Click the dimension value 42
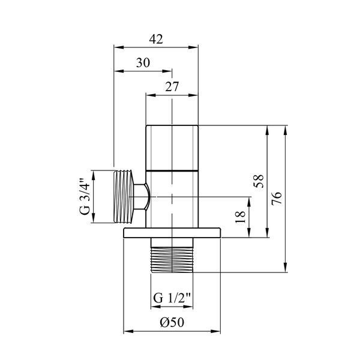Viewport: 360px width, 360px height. [x=156, y=39]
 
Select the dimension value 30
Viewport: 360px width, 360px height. [x=143, y=62]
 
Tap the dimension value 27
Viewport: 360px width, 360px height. [x=172, y=87]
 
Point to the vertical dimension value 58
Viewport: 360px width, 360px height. [x=259, y=181]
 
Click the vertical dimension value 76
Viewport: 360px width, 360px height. [x=277, y=198]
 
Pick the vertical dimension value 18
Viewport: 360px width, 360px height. [x=241, y=217]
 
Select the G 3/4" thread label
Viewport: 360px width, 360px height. [x=85, y=197]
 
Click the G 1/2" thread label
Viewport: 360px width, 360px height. [x=172, y=298]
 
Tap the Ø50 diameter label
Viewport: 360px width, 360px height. [x=172, y=322]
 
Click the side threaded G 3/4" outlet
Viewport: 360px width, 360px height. [x=124, y=197]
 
